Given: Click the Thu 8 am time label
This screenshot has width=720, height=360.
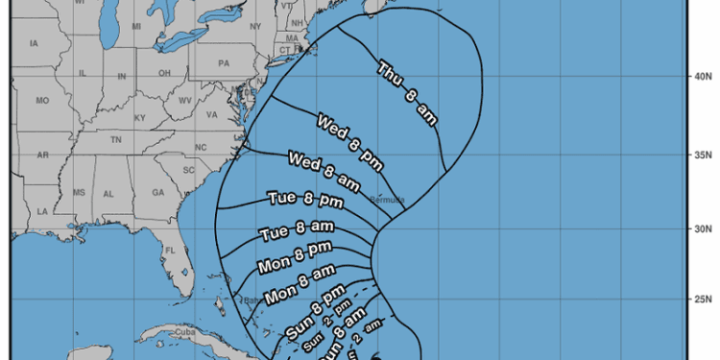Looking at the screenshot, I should pyautogui.click(x=407, y=93).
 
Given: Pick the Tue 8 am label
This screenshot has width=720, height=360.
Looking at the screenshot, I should pyautogui.click(x=297, y=229).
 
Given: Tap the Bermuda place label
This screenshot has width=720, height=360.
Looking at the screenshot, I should pyautogui.click(x=386, y=200).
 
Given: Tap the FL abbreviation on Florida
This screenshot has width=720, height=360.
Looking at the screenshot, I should pyautogui.click(x=170, y=251).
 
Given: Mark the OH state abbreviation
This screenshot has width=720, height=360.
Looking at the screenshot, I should pyautogui.click(x=165, y=73).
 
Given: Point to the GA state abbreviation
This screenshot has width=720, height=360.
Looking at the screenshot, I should pyautogui.click(x=156, y=192).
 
